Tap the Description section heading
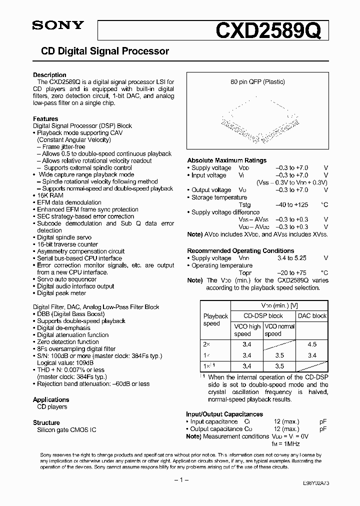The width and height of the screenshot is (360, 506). tap(49, 75)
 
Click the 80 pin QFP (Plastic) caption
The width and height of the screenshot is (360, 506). tap(257, 81)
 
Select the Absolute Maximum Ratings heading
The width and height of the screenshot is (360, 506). tap(226, 160)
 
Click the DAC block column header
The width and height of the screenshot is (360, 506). tap(312, 315)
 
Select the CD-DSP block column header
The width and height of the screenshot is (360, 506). tap(263, 315)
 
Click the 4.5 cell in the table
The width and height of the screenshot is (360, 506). tap(312, 344)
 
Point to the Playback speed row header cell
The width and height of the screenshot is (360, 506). tap(215, 319)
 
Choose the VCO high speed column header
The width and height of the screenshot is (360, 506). tap(247, 330)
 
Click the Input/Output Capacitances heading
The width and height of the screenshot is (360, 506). tap(224, 414)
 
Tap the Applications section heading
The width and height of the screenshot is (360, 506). tap(51, 399)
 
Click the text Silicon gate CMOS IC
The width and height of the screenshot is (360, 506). tap(66, 430)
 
